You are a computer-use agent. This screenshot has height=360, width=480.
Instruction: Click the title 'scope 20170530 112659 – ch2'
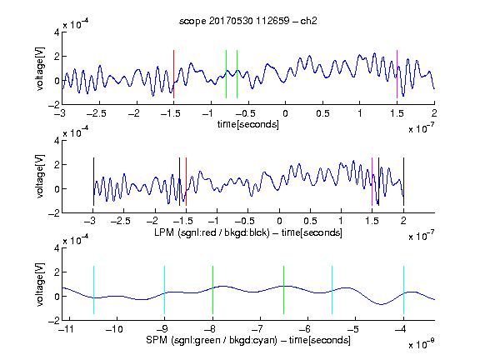point(248,21)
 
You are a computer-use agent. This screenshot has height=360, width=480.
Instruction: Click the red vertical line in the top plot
point(173,74)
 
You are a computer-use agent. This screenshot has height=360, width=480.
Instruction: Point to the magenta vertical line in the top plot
point(397,74)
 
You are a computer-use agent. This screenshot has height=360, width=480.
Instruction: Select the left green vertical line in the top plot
point(226,74)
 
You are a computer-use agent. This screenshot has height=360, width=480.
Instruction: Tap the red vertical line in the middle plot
point(186,182)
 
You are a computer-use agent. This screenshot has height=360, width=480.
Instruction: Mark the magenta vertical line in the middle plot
point(372,182)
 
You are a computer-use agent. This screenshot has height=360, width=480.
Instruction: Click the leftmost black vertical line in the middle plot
point(93,182)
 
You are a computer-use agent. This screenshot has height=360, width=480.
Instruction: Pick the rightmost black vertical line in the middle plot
point(404,182)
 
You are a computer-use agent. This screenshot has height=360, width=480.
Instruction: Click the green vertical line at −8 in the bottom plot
point(212,290)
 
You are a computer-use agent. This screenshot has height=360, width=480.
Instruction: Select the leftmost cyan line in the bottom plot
point(93,290)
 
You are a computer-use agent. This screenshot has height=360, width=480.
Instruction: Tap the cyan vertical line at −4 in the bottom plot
point(404,290)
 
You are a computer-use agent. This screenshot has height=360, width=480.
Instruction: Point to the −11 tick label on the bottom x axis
point(67,329)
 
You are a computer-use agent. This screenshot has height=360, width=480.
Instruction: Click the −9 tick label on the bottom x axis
point(162,329)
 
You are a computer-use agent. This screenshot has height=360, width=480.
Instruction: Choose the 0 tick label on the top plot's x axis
point(285,113)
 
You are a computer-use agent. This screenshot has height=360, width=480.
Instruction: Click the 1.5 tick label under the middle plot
point(372,221)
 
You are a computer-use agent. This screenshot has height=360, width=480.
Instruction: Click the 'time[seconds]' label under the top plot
point(248,124)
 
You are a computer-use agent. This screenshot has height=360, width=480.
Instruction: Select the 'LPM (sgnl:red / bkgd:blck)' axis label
point(212,232)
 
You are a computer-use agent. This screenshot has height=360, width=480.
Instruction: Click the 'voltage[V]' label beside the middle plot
point(40,177)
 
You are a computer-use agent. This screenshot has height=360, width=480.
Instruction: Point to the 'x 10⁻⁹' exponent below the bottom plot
point(421,344)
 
